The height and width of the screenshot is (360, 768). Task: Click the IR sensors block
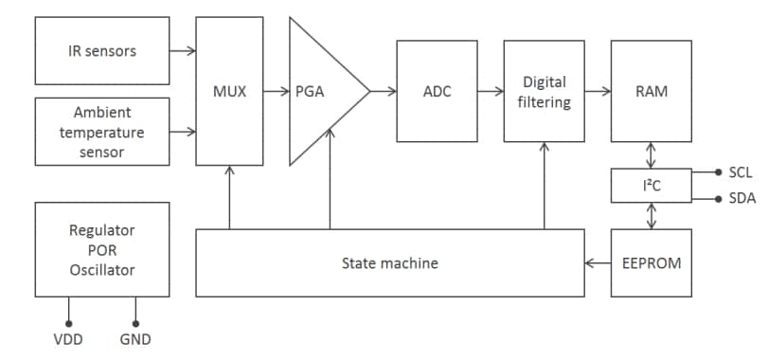[x=102, y=50]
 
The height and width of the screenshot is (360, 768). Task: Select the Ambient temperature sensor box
[x=102, y=132]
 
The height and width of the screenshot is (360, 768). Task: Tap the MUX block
[x=229, y=91]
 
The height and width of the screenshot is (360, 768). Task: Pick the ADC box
[x=437, y=91]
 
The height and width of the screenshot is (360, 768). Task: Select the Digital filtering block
[x=544, y=91]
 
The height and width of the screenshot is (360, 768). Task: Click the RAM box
[x=652, y=91]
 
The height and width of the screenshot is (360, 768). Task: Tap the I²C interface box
[x=652, y=187]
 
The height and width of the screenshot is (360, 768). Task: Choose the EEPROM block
[x=652, y=262]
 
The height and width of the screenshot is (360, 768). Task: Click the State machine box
[x=389, y=262]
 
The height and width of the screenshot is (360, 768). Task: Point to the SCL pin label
[x=740, y=172]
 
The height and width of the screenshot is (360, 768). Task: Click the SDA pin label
[x=740, y=199]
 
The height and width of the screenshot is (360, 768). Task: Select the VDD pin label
[x=68, y=339]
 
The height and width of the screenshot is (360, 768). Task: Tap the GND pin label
[x=135, y=339]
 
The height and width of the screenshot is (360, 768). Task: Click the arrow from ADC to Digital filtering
[x=490, y=91]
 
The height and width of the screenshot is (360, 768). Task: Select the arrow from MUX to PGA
[x=276, y=91]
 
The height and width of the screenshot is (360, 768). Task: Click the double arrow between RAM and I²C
[x=652, y=153]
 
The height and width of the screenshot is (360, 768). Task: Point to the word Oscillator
[x=102, y=270]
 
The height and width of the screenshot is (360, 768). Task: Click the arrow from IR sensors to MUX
[x=183, y=50]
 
